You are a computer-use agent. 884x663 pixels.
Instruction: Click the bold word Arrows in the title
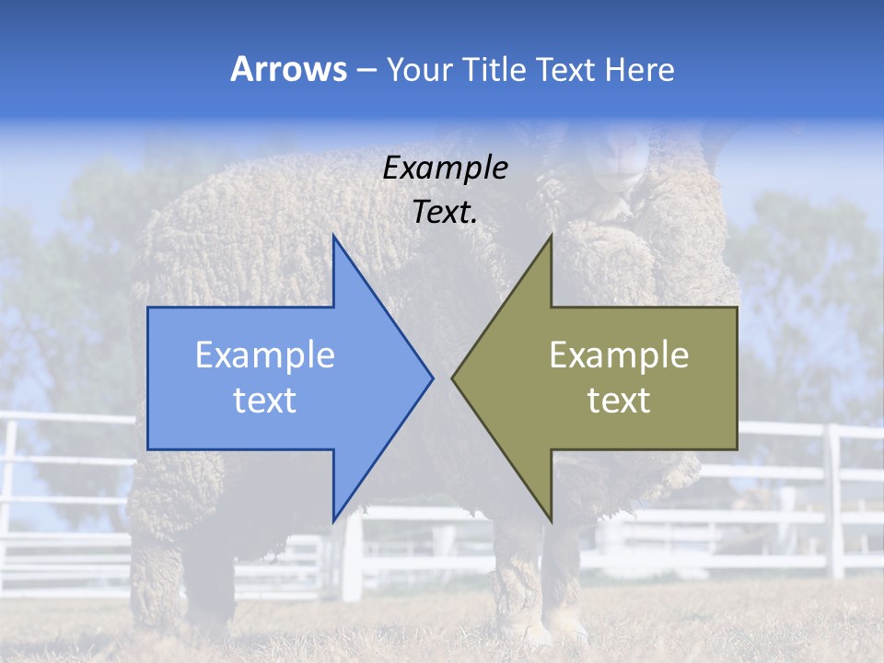click(x=289, y=69)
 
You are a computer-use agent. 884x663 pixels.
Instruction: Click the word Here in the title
click(x=639, y=69)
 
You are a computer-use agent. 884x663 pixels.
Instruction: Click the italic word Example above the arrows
click(x=445, y=168)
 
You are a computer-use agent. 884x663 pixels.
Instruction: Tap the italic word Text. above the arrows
click(x=445, y=212)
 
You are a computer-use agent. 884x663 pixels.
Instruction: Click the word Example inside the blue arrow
click(x=265, y=355)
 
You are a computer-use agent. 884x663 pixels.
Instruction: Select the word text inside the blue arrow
click(x=265, y=400)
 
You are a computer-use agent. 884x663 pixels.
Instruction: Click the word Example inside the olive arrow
click(x=619, y=355)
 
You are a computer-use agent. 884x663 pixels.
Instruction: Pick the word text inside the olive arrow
click(x=619, y=400)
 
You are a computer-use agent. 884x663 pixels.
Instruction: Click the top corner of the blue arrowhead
click(x=334, y=237)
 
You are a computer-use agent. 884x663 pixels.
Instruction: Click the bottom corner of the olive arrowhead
click(x=551, y=520)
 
